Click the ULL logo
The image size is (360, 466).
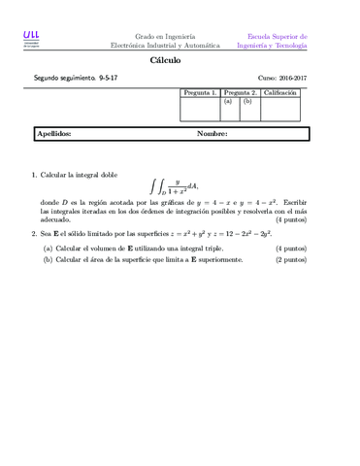pos(32,39)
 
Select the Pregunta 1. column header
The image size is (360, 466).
pos(199,92)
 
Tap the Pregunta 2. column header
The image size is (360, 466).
pos(239,92)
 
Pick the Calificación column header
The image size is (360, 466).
pos(279,92)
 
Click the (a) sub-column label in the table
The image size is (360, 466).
pos(228,101)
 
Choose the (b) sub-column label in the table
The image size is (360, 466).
pos(247,101)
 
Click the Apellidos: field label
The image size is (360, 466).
pos(53,134)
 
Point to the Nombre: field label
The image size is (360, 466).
pos(212,134)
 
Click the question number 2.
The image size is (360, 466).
pos(34,234)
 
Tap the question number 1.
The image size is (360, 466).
pos(34,175)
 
